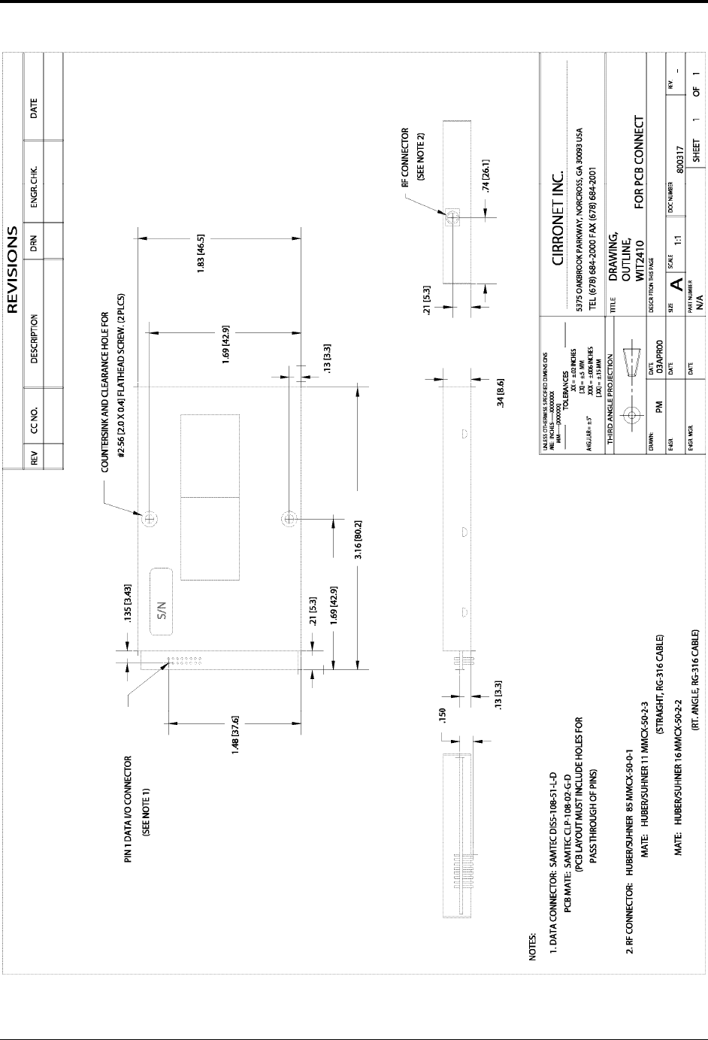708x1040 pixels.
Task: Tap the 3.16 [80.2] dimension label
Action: [359, 537]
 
